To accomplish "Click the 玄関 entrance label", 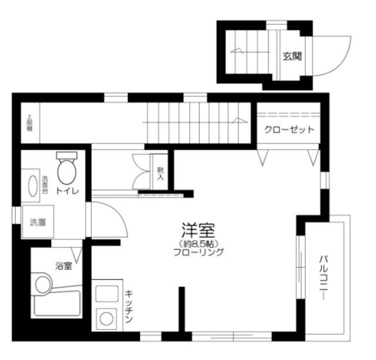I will pos(292,56).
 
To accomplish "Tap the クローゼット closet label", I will pos(288,129).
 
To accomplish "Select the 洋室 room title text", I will pos(197,229).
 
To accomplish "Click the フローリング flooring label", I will pos(199,253).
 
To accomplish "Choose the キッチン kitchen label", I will pos(130,306).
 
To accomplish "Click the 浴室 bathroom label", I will pos(63,266).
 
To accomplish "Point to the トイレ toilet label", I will pos(66,191).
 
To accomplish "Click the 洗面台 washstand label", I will pos(45,184).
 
